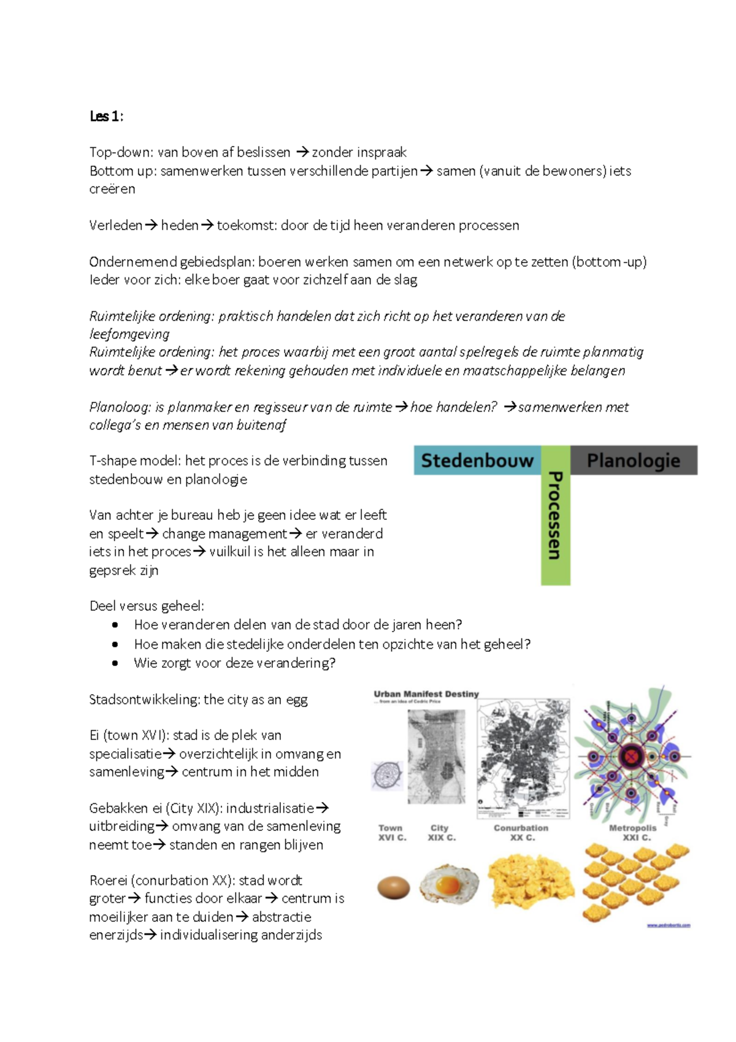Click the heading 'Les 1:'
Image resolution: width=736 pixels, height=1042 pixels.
(x=106, y=117)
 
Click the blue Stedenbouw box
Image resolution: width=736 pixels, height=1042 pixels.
(x=477, y=460)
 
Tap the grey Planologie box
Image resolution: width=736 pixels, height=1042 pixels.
(x=634, y=460)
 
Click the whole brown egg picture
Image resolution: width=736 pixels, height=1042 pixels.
(x=393, y=887)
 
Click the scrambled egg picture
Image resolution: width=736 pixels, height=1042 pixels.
(x=531, y=882)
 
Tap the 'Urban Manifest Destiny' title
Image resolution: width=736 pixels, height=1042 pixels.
(x=426, y=694)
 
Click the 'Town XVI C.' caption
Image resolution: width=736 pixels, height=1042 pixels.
(x=392, y=833)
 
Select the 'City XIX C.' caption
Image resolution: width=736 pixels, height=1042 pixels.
(x=441, y=833)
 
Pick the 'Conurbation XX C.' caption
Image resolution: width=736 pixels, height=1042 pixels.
(x=521, y=833)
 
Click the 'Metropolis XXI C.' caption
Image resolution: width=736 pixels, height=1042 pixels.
(x=633, y=833)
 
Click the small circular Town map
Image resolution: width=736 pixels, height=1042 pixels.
(x=387, y=775)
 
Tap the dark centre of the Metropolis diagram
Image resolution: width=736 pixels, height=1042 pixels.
(x=631, y=757)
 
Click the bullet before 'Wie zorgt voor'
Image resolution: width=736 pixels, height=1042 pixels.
(x=115, y=663)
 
